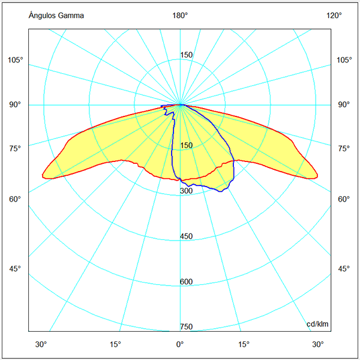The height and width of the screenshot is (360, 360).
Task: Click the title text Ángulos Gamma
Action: click(56, 16)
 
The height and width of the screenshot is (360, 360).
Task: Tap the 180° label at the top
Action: click(181, 16)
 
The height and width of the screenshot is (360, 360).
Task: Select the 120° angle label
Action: click(334, 16)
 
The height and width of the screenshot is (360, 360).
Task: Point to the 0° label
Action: click(179, 344)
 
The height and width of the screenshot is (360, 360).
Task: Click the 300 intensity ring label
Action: click(187, 191)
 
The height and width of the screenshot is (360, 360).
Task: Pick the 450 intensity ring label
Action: click(187, 236)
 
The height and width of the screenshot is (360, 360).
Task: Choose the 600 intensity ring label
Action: click(187, 282)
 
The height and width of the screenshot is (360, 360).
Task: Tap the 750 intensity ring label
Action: click(187, 327)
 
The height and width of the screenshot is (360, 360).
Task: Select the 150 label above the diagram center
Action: click(187, 55)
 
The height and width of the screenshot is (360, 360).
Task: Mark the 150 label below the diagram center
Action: click(187, 146)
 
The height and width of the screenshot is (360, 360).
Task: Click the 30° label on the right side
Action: click(318, 344)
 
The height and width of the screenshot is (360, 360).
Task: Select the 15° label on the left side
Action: click(115, 344)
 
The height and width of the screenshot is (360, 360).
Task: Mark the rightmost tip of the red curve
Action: click(317, 175)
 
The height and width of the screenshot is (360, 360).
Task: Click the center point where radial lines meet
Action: click(181, 104)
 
